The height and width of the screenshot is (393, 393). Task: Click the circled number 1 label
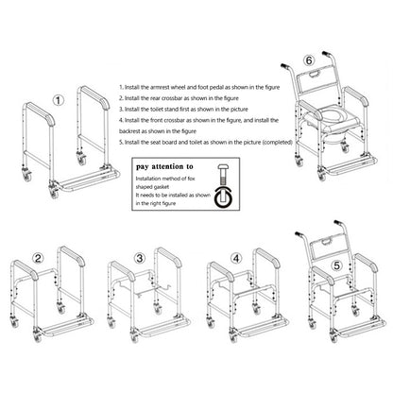point(58,101)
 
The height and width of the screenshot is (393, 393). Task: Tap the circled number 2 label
point(38,259)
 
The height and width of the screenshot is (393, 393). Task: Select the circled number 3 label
point(139,259)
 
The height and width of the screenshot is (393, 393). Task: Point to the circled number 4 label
point(236,259)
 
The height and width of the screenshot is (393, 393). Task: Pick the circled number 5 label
point(337,265)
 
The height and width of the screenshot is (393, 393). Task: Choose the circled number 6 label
point(309,60)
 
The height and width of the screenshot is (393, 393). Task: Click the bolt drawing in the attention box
point(223,177)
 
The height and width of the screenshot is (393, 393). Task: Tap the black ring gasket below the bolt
point(223,197)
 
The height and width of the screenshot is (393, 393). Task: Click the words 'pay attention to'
point(164,167)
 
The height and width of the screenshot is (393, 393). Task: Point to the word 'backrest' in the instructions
point(129,131)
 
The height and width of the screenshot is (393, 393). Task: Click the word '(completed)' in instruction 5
point(277,143)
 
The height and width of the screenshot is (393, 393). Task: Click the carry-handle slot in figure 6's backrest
point(315,75)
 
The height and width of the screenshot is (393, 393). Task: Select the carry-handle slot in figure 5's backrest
point(327,242)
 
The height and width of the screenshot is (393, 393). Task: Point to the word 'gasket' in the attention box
point(161,187)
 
